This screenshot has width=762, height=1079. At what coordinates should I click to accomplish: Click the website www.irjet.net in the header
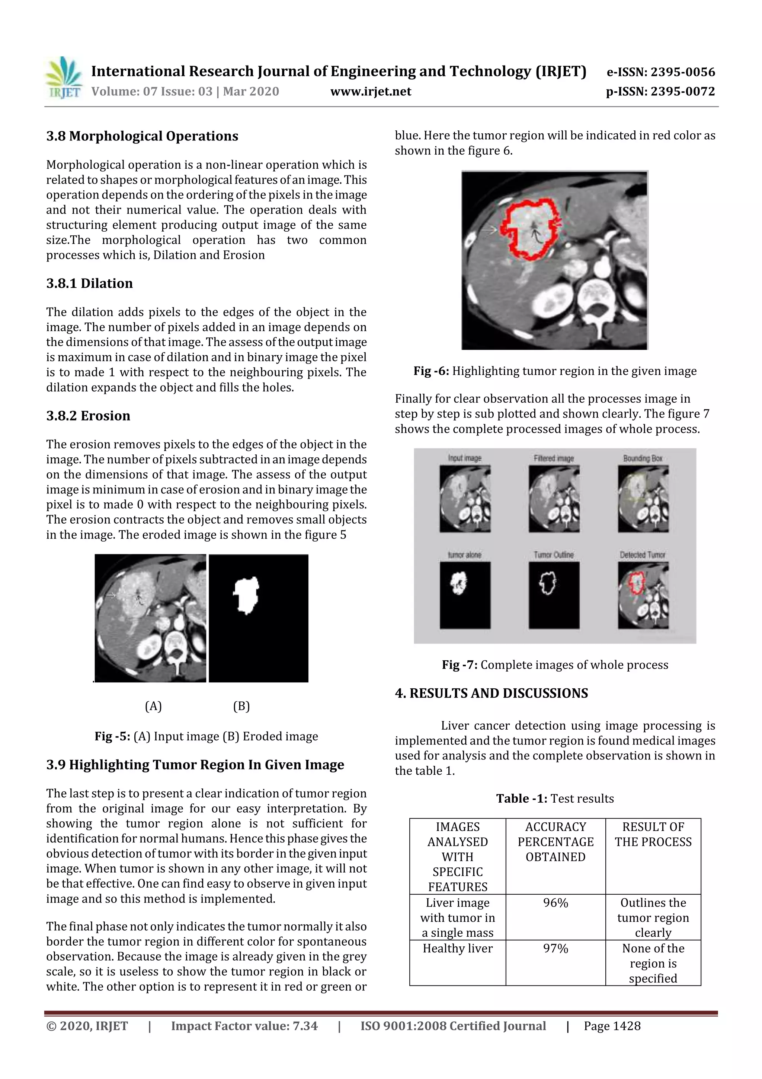click(x=371, y=92)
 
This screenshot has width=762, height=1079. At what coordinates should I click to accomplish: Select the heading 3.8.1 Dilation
click(x=89, y=283)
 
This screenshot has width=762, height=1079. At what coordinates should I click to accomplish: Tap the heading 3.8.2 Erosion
click(x=88, y=416)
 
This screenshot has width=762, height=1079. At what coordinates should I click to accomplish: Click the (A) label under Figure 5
click(x=153, y=706)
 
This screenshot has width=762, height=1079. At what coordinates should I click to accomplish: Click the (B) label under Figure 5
click(x=241, y=706)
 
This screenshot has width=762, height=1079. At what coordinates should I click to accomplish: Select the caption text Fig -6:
click(x=431, y=371)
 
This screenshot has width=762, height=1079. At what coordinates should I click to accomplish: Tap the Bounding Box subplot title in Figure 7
click(x=642, y=458)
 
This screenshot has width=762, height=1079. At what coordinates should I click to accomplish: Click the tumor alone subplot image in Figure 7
click(x=465, y=595)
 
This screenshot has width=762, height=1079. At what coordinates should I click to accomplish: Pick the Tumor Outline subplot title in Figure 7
click(x=554, y=555)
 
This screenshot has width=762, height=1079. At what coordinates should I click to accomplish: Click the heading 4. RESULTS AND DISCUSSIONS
click(x=491, y=693)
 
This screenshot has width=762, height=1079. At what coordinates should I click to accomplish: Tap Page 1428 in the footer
click(x=612, y=1026)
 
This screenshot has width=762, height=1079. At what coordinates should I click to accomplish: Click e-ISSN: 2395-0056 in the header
click(x=660, y=72)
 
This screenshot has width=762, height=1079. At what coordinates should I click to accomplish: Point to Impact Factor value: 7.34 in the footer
click(x=244, y=1026)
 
